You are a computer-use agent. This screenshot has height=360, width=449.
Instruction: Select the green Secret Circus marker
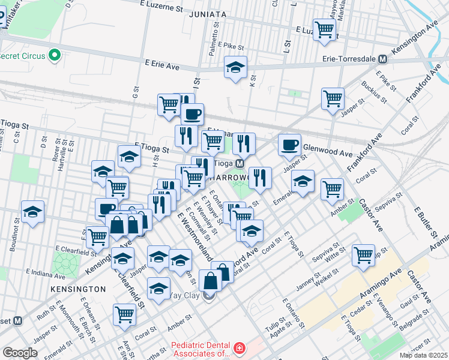56,56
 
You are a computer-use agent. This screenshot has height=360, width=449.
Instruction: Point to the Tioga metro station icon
239,163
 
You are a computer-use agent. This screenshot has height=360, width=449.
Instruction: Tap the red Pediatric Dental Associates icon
239,348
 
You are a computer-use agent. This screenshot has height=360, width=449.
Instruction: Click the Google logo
20,353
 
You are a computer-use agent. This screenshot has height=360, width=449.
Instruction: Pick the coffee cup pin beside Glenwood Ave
289,145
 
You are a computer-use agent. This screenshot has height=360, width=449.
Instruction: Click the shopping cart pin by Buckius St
333,98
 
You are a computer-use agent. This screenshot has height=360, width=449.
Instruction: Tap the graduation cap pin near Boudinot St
33,211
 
